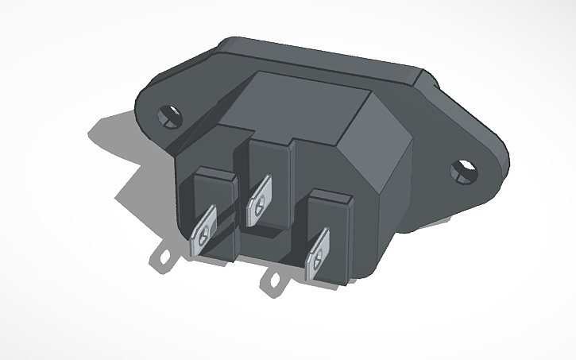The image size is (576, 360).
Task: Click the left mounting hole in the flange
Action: coord(168,115)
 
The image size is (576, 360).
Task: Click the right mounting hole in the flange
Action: coord(462,169)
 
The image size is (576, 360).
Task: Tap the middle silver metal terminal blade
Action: coord(259,203)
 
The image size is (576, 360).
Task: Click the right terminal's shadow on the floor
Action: coord(276,281)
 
